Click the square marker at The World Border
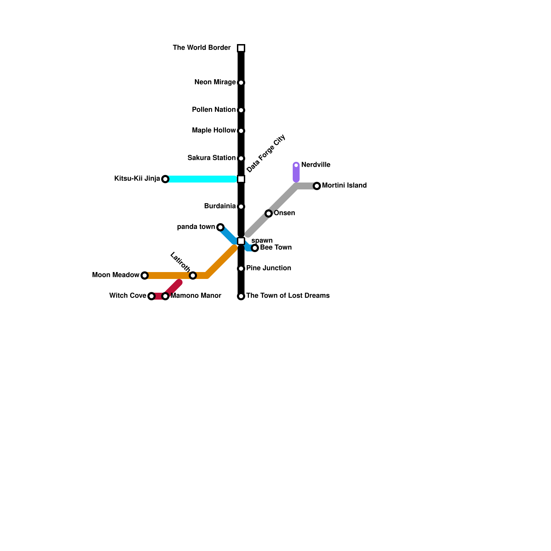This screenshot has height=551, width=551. pyautogui.click(x=241, y=48)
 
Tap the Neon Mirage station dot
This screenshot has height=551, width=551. pyautogui.click(x=241, y=83)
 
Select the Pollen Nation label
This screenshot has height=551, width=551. pyautogui.click(x=214, y=110)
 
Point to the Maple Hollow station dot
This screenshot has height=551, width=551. pyautogui.click(x=241, y=131)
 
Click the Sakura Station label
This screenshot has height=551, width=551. pyautogui.click(x=211, y=158)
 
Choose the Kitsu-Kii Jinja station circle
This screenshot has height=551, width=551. pyautogui.click(x=165, y=179)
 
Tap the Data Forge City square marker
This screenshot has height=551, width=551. pyautogui.click(x=241, y=179)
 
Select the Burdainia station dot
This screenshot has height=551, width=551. pyautogui.click(x=241, y=207)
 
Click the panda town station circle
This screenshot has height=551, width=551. pyautogui.click(x=220, y=227)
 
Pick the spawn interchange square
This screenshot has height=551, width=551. pyautogui.click(x=241, y=241)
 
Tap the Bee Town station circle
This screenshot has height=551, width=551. pyautogui.click(x=255, y=248)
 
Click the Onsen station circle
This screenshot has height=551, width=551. pyautogui.click(x=269, y=214)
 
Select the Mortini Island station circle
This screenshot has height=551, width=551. pyautogui.click(x=317, y=186)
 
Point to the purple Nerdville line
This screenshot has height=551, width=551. pyautogui.click(x=296, y=172)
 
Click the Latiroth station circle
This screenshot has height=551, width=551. pyautogui.click(x=193, y=275)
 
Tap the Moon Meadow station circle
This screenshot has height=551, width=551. pyautogui.click(x=145, y=275)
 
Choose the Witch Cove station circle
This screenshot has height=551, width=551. pyautogui.click(x=152, y=296)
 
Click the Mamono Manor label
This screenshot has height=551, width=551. pyautogui.click(x=196, y=296)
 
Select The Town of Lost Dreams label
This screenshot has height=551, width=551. pyautogui.click(x=288, y=296)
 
